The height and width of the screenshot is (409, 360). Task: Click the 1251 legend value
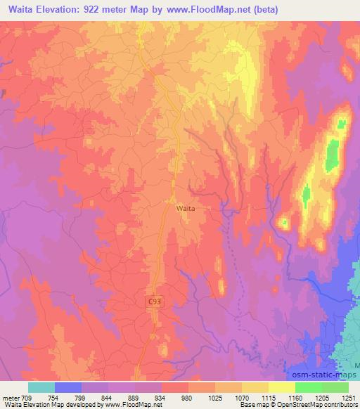[x=349, y=398]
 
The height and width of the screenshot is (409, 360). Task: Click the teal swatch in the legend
[x=41, y=388]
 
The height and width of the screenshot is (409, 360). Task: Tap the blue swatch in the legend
[x=68, y=388]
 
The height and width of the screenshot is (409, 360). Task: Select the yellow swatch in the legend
[x=282, y=388]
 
